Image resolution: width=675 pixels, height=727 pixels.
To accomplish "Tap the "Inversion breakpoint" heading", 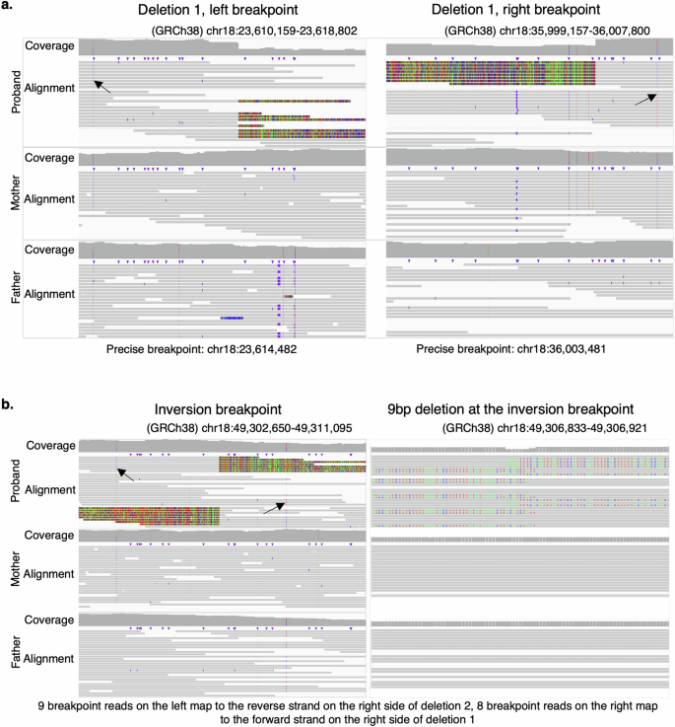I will click(218, 409).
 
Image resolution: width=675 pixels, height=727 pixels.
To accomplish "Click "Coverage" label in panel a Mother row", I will click(50, 158).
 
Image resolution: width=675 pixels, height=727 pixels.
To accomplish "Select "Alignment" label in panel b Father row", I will click(50, 658).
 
